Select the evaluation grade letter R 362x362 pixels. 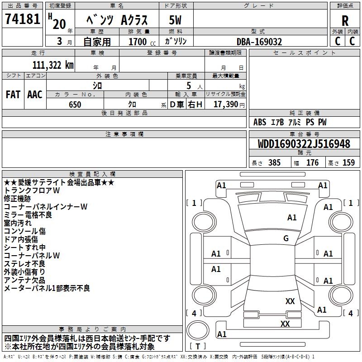coord(345,21)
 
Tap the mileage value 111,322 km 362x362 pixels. coord(53,65)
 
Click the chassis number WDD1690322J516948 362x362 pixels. coord(304,144)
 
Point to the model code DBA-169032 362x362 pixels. coord(259,42)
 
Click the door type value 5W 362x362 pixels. coord(175,20)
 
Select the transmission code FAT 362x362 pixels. coord(13,95)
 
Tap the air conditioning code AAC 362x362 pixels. coord(35,95)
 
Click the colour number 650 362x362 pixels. coord(75,105)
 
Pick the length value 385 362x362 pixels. coord(274,163)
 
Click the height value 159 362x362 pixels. coord(348,163)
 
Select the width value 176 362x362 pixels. coord(312,163)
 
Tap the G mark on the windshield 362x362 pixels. coord(286,238)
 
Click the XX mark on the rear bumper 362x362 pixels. coord(285,324)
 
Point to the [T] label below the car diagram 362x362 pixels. coord(198,346)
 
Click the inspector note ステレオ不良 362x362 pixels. coord(24,263)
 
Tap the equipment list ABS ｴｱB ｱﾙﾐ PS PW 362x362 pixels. coord(290,122)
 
